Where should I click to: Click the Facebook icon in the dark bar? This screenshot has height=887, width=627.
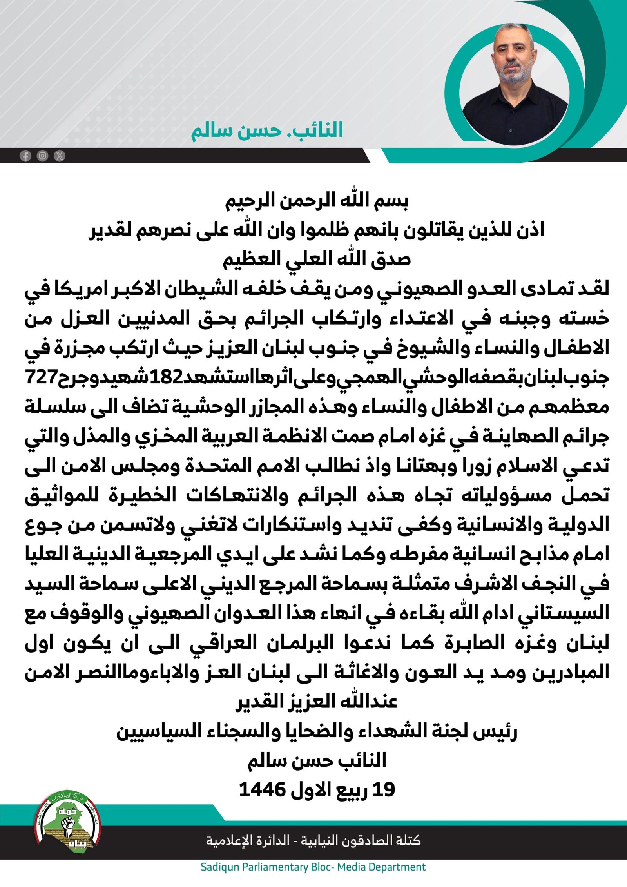click(25, 156)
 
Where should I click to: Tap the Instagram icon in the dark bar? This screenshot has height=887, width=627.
click(42, 156)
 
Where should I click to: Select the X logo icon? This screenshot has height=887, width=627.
click(60, 156)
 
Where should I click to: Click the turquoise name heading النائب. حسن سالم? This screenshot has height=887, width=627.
click(267, 131)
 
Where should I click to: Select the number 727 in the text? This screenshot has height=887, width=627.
click(41, 377)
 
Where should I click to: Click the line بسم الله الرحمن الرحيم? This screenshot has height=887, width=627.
click(317, 201)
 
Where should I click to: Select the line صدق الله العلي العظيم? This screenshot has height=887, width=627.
click(317, 259)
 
